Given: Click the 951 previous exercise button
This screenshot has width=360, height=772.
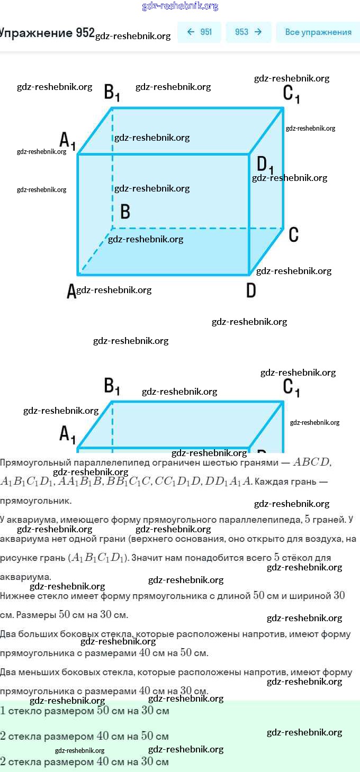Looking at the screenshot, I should (199, 32).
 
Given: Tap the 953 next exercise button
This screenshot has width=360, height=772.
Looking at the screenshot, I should (248, 32).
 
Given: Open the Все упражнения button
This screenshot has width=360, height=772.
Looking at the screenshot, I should (318, 32).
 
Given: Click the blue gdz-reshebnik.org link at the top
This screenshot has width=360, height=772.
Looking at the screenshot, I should (180, 6).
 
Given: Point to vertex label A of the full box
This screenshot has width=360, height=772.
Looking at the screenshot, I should (71, 291).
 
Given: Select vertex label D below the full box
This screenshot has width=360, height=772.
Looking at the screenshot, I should (251, 290).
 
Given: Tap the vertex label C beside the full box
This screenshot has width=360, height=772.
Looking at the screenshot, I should (294, 234).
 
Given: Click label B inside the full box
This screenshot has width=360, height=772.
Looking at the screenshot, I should (125, 212).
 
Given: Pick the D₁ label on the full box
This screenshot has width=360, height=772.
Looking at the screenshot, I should (265, 165).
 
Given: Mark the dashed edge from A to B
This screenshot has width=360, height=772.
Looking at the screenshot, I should (95, 251).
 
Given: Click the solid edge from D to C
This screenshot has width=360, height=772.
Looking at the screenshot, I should (266, 252).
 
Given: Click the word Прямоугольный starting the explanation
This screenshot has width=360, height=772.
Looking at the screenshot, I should (32, 462).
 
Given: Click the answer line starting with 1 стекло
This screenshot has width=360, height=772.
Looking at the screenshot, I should (85, 711).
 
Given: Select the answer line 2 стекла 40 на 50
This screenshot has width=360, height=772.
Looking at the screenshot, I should (85, 736).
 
